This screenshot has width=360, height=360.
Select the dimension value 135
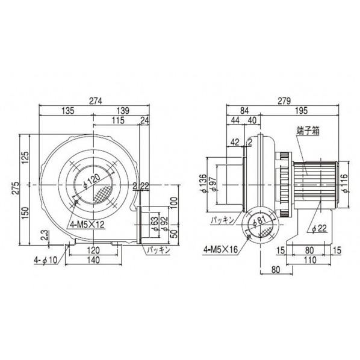pyautogui.click(x=68, y=111)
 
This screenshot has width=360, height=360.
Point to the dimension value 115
pyautogui.click(x=119, y=121)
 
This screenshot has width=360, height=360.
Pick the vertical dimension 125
pyautogui.click(x=25, y=158)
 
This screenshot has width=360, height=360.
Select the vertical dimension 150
pyautogui.click(x=25, y=213)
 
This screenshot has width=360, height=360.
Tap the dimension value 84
pyautogui.click(x=243, y=111)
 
